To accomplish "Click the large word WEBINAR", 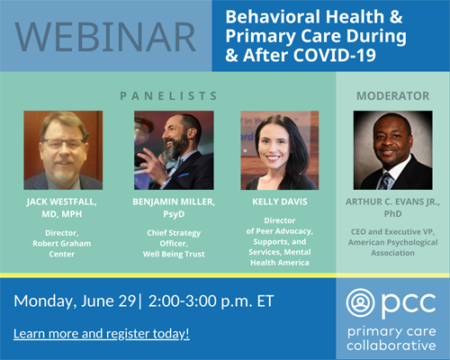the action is point(105,37).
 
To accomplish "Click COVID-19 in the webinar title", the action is point(335,55).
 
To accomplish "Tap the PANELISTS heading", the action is point(168,96).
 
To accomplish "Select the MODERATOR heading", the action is point(392,96).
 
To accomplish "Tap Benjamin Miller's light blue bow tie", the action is point(175,164).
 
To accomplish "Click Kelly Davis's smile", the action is point(273,157).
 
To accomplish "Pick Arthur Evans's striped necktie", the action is point(385,181).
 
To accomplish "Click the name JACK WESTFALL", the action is point(61,202).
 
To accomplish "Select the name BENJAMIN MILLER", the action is point(174,202).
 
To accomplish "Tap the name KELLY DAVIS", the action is point(280,202).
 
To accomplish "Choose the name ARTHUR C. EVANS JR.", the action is point(392,202).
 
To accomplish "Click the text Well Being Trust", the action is point(174,254).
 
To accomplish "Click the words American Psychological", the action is point(392,242).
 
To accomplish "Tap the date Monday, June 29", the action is point(75,301).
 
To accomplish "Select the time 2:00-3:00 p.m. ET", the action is point(211,301).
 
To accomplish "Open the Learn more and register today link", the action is point(102,334).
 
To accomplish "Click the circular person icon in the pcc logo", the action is point(360,303).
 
